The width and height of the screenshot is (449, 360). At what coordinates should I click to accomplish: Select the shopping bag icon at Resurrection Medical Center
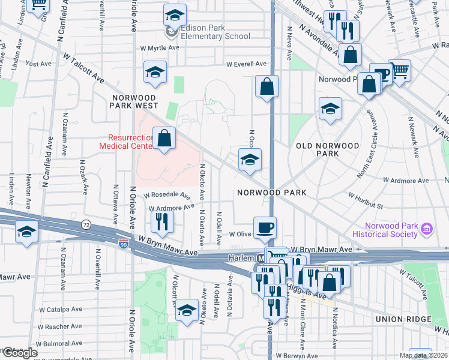164,139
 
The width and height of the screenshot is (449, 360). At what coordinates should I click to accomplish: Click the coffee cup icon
265,228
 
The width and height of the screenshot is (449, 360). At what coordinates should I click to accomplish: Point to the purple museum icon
427,228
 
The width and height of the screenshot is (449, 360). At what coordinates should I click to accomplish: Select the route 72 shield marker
86,224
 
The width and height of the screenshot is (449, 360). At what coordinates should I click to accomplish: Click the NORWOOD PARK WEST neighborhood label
133,101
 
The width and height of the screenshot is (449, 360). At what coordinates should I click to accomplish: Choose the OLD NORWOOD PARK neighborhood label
328,149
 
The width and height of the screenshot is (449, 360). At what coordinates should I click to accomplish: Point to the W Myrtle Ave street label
160,47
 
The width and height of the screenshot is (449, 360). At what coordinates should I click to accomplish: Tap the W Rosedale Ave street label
166,195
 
